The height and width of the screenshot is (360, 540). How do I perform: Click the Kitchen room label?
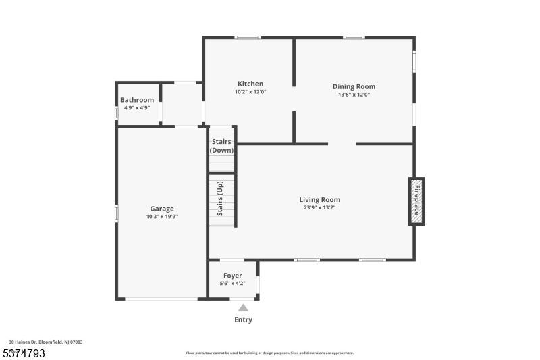pyautogui.click(x=250, y=84)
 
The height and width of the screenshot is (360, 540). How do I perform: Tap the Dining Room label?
pyautogui.click(x=354, y=86)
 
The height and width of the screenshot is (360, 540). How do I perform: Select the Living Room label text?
pyautogui.click(x=319, y=200)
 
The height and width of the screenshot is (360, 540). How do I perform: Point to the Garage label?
pyautogui.click(x=161, y=209)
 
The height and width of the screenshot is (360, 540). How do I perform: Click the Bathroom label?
pyautogui.click(x=137, y=100)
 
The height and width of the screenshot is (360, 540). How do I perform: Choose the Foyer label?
pyautogui.click(x=232, y=276)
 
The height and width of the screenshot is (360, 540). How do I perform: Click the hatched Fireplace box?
pyautogui.click(x=416, y=201)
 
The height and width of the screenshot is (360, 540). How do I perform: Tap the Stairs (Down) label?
pyautogui.click(x=221, y=146)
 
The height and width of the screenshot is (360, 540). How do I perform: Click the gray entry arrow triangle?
pyautogui.click(x=243, y=308)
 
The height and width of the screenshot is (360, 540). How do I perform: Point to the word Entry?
pyautogui.click(x=243, y=320)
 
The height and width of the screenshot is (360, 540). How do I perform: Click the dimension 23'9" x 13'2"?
pyautogui.click(x=319, y=208)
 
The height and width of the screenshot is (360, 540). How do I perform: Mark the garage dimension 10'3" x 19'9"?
pyautogui.click(x=161, y=217)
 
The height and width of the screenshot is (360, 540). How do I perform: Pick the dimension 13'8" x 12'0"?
pyautogui.click(x=354, y=95)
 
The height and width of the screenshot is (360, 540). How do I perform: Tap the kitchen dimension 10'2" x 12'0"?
pyautogui.click(x=250, y=92)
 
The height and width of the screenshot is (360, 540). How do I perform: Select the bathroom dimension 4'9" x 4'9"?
pyautogui.click(x=137, y=108)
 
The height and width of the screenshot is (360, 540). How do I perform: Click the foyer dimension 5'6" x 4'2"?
pyautogui.click(x=232, y=284)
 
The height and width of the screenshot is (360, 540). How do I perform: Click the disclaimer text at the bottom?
pyautogui.click(x=270, y=353)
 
